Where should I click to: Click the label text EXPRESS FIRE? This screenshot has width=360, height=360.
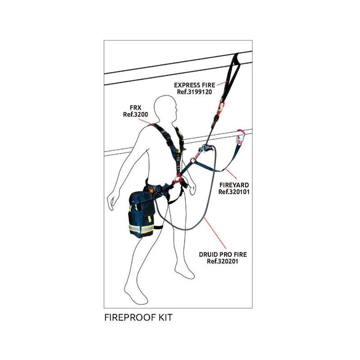coord(194,84)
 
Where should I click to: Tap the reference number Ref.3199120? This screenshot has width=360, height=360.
coord(194,91)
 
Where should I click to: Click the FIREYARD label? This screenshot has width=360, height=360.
coord(234,184)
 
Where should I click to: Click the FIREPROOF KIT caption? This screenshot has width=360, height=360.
coord(138,317)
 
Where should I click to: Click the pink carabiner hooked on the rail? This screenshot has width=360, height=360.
coord(240,138)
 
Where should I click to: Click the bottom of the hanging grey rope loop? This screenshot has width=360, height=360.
coord(180,229)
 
